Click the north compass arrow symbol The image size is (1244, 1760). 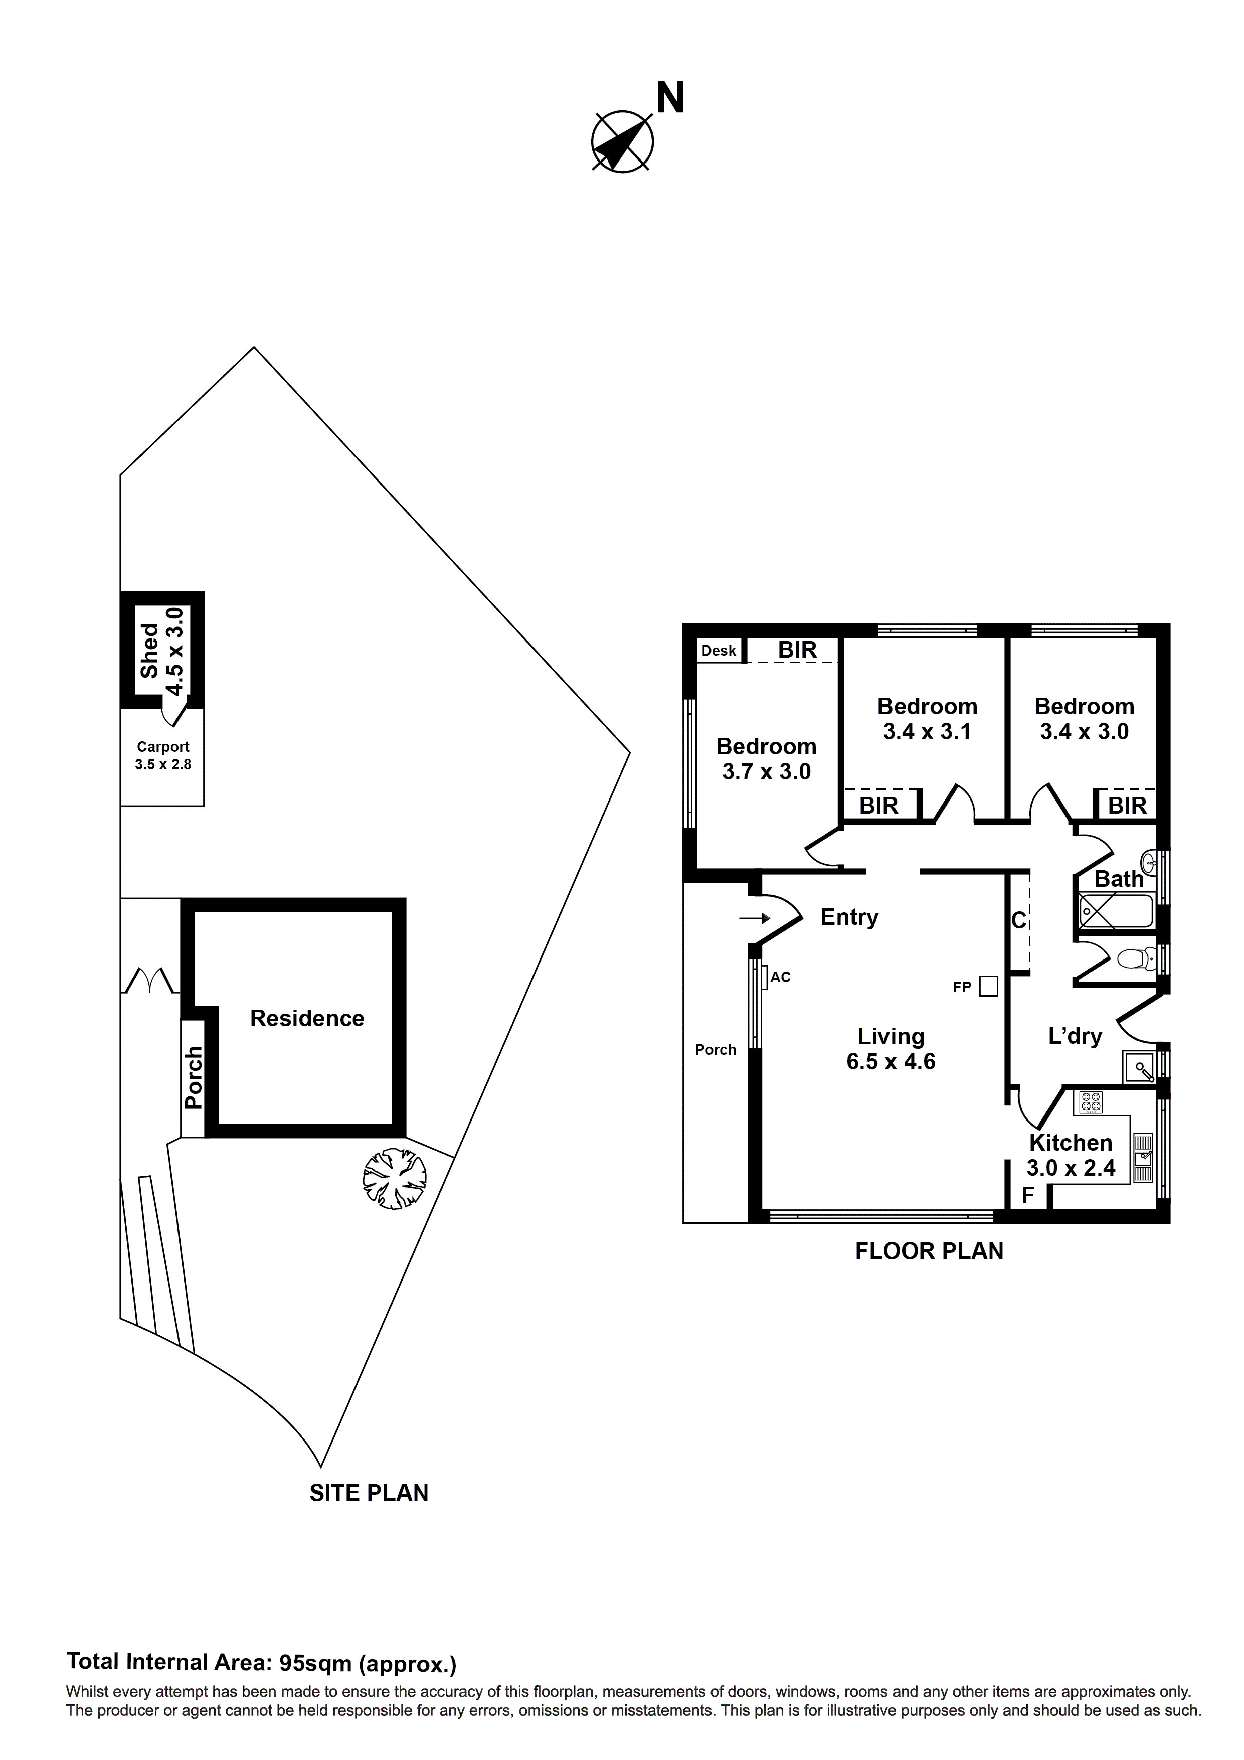622,141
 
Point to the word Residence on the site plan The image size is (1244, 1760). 306,1018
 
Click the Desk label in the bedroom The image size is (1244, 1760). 718,651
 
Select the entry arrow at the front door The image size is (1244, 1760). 755,917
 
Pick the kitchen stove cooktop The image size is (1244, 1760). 1091,1103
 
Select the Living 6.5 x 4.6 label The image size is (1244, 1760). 891,1049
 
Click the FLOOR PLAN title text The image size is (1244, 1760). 928,1251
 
